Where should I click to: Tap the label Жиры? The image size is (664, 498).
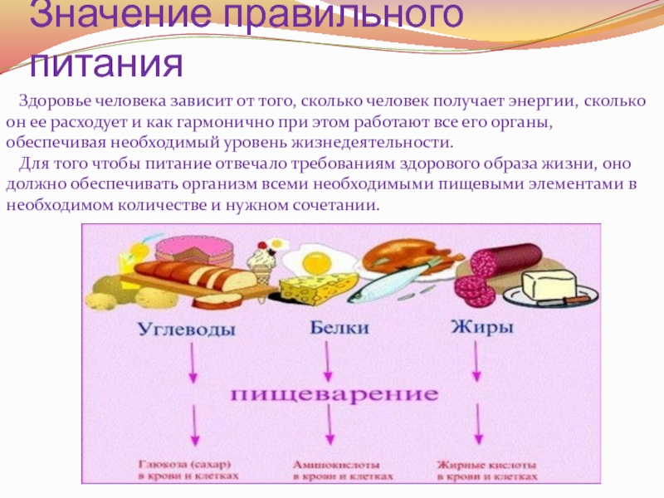click(481, 327)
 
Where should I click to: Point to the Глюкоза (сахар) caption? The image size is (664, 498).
click(189, 471)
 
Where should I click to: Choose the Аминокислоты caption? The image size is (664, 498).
click(337, 471)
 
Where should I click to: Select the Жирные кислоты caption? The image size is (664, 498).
click(481, 471)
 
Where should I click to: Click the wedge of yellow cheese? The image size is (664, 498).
click(310, 287)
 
